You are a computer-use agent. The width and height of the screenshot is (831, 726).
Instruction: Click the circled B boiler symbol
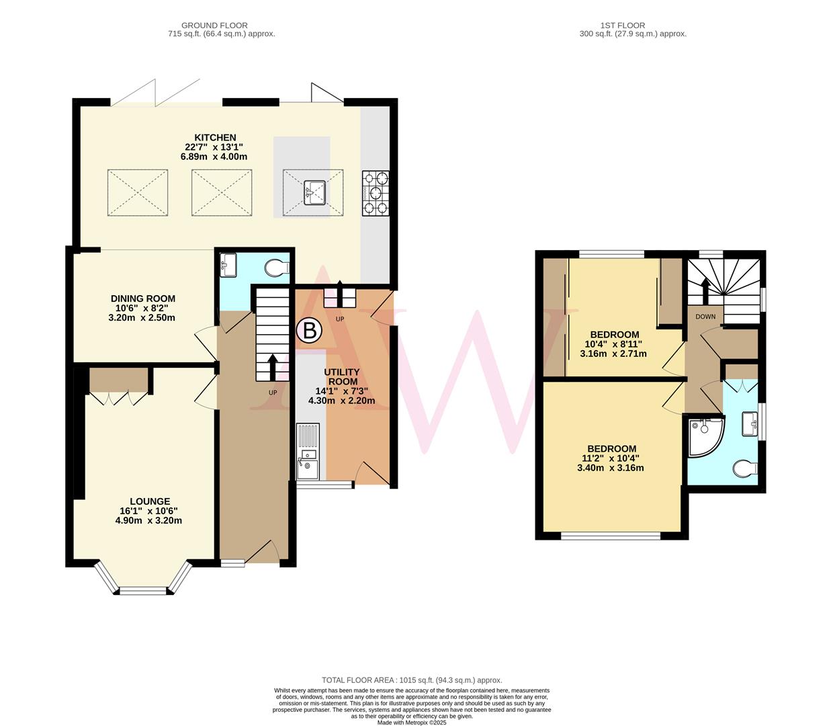point(309,330)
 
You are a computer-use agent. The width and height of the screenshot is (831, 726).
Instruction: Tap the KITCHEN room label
point(215,138)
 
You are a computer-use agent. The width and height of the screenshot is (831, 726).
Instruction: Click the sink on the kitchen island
point(314,192)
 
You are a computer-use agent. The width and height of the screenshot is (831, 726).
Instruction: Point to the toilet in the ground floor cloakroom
point(275,268)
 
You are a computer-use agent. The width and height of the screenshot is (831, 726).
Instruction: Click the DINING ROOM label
point(143,298)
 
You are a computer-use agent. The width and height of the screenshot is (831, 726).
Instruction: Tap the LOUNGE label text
point(149,501)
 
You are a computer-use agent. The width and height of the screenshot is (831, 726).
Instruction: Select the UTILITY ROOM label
point(342,376)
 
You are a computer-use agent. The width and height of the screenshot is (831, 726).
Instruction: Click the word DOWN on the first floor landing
point(705,317)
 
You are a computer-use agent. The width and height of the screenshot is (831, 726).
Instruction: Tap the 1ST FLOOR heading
point(632,26)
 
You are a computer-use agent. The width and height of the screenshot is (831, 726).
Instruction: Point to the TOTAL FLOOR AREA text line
point(412,680)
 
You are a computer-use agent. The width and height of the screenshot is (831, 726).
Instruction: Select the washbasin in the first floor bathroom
point(749,424)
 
